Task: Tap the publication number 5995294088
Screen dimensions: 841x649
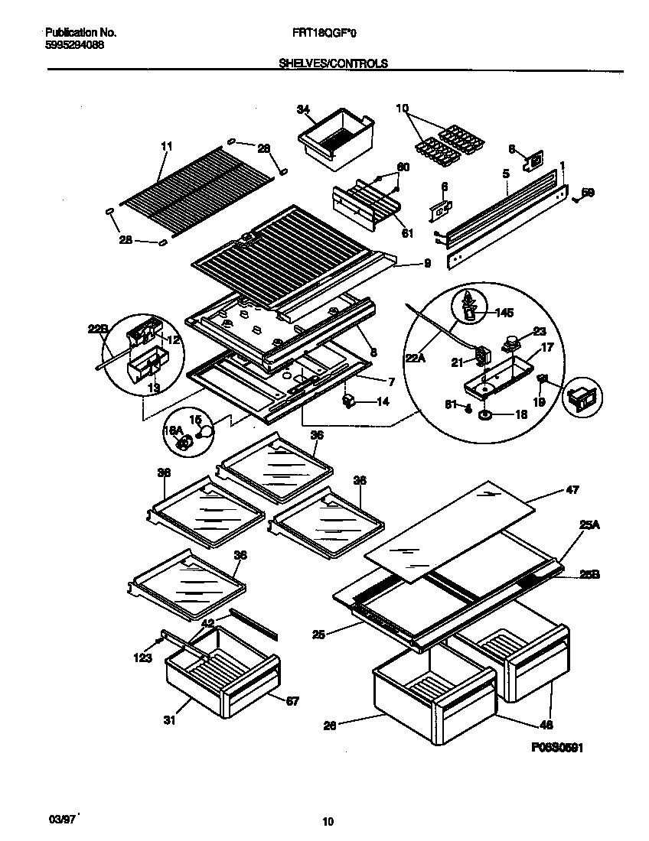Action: pyautogui.click(x=75, y=44)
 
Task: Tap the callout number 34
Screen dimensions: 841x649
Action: pyautogui.click(x=304, y=109)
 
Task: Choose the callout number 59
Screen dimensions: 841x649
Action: pyautogui.click(x=587, y=193)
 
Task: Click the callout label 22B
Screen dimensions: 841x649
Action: pyautogui.click(x=98, y=330)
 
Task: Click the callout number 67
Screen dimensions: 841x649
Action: pyautogui.click(x=292, y=701)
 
